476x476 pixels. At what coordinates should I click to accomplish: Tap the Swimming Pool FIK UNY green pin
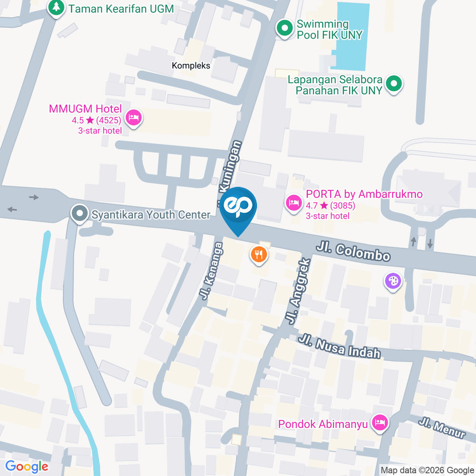[285, 29]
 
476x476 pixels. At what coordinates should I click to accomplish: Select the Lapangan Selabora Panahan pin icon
[394, 84]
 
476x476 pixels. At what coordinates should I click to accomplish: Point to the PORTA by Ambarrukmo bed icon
[294, 202]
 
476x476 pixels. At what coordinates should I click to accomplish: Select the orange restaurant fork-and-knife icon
[258, 255]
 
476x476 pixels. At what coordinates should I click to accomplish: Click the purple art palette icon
[393, 281]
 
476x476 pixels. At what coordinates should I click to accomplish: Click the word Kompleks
[191, 65]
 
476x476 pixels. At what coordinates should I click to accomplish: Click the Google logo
[27, 467]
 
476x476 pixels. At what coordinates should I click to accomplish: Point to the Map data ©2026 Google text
[427, 470]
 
